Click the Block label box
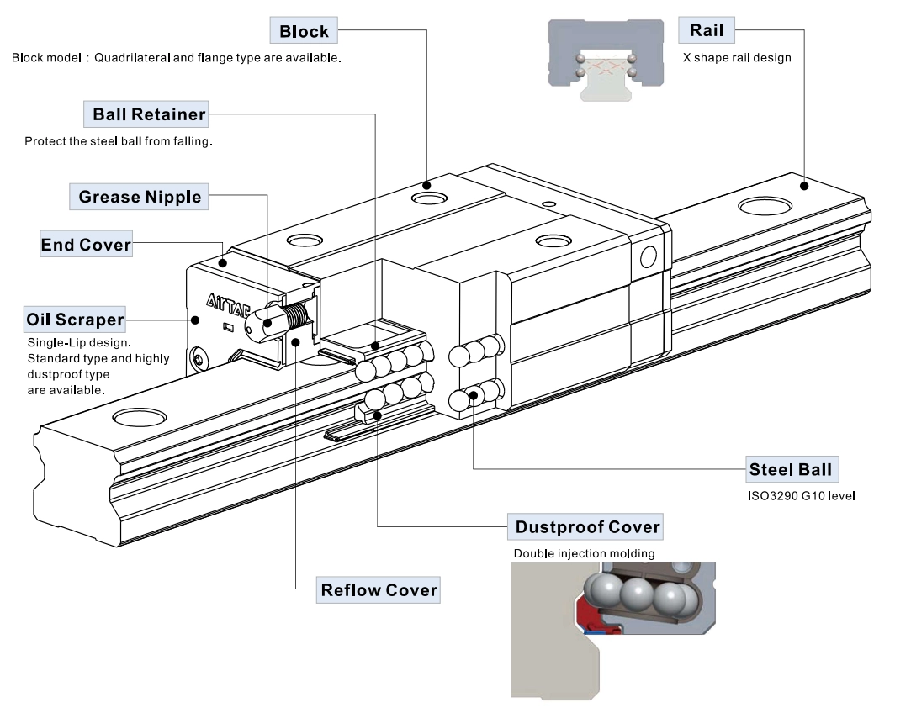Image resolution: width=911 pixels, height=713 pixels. [x=304, y=32]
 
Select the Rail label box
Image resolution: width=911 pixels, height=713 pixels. [x=707, y=31]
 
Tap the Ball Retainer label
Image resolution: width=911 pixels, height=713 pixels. [x=149, y=114]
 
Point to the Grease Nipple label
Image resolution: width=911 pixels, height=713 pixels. [x=140, y=197]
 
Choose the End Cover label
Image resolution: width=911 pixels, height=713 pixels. [x=86, y=246]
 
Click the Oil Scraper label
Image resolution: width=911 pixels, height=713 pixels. [x=75, y=320]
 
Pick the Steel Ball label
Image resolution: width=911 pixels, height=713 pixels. [x=793, y=469]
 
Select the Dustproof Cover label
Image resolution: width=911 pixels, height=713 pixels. [x=587, y=528]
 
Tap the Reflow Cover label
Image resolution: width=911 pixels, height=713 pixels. [x=379, y=590]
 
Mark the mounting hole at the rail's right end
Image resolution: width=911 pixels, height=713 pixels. [x=764, y=207]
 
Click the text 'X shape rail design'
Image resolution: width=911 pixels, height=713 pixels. [x=737, y=58]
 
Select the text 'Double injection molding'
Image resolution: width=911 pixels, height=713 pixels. [x=584, y=554]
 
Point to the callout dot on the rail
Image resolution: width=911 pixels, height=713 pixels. [x=804, y=185]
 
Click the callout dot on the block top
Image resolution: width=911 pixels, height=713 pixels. [x=427, y=184]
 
